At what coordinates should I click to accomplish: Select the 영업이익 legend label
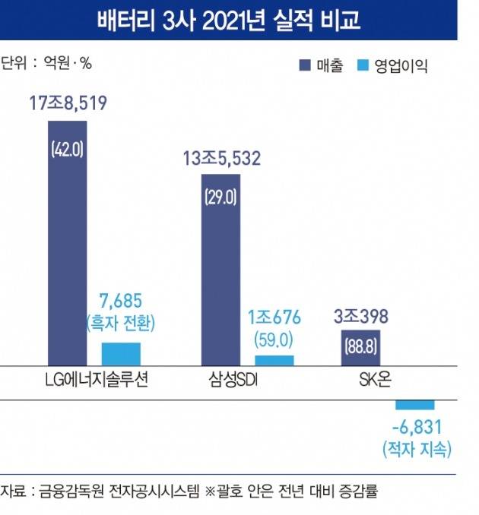[400, 66]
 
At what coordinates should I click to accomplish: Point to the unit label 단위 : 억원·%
[46, 63]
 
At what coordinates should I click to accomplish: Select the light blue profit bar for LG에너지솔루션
[121, 354]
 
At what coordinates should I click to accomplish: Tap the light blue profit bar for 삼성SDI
[274, 360]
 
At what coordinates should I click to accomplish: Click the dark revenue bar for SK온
[361, 347]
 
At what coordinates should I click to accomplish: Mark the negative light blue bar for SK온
[414, 404]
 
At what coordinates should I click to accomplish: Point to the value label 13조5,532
[221, 159]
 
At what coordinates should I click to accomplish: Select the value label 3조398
[360, 315]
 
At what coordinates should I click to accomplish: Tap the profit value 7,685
[121, 302]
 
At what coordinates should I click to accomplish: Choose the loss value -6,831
[417, 428]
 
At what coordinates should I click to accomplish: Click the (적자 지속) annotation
[417, 449]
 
